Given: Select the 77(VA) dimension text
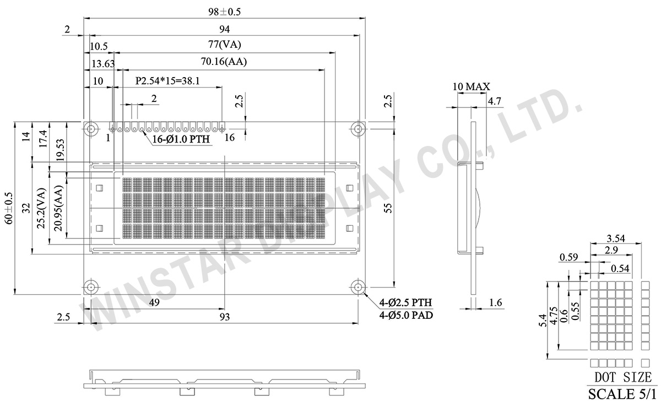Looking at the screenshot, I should [225, 45].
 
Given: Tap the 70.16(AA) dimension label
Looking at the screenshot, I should [223, 62].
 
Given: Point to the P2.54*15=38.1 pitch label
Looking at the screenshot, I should [167, 80].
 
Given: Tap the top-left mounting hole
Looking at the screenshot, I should [90, 129].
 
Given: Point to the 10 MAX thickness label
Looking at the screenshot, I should [471, 86].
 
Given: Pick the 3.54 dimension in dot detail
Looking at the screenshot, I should [615, 238].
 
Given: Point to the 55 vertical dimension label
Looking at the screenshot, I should [387, 208].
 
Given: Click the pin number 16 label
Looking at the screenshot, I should [230, 138].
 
